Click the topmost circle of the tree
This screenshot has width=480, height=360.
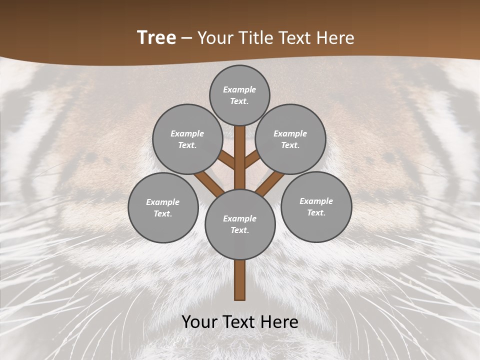click(239, 95)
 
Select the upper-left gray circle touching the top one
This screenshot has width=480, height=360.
click(187, 139)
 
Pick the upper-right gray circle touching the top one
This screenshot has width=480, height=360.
click(290, 139)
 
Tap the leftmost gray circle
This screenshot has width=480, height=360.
click(163, 207)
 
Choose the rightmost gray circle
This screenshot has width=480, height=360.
click(316, 206)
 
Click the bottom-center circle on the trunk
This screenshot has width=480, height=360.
click(240, 224)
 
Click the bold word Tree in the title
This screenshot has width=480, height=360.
click(156, 38)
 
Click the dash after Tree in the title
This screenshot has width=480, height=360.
click(187, 38)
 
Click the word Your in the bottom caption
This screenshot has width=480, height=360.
click(200, 322)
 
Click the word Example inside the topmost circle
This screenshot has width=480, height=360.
click(239, 89)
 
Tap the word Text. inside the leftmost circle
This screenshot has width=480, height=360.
click(163, 213)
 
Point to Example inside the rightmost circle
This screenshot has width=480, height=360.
click(316, 201)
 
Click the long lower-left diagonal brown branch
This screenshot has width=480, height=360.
click(209, 183)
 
